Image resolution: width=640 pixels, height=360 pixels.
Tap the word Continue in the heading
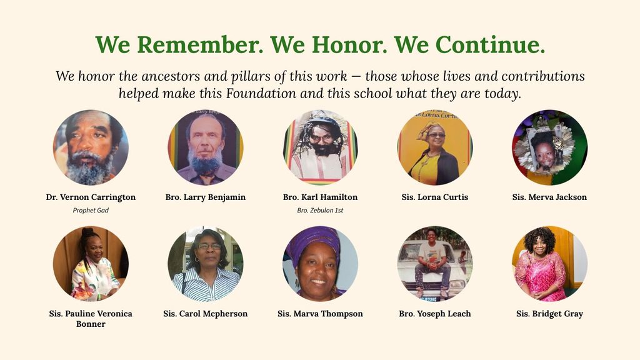tap(490, 44)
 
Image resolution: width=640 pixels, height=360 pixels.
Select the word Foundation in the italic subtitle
tap(261, 94)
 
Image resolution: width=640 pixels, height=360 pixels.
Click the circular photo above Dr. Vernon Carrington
tap(91, 147)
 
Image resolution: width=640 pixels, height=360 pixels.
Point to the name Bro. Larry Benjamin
tap(205, 197)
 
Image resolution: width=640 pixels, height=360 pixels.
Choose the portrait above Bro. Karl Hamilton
tap(321, 147)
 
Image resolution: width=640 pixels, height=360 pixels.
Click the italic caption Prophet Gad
tap(91, 210)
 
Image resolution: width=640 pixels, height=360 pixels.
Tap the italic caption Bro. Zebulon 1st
tap(320, 210)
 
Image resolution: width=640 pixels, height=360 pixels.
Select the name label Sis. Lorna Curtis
tap(435, 197)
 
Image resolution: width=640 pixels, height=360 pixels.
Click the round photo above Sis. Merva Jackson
tap(550, 147)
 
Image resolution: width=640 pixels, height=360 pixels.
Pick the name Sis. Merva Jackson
tap(549, 197)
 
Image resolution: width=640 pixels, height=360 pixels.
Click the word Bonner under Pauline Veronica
tap(91, 324)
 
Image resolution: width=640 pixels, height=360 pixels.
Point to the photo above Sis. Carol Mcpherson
tap(205, 264)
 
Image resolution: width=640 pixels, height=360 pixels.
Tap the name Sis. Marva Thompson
tap(320, 314)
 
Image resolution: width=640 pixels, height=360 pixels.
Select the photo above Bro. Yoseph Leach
tap(435, 264)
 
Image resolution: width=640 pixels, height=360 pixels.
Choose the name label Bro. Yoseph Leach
tap(435, 314)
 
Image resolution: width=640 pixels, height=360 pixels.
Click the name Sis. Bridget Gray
tap(549, 314)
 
